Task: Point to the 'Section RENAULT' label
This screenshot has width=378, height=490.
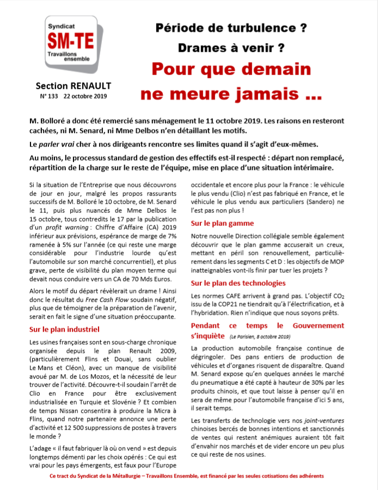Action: point(73,85)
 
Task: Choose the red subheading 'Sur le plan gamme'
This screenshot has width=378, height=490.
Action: point(222,223)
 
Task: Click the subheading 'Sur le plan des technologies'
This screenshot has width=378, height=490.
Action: point(238,283)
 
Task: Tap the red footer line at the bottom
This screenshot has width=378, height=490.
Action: point(189,475)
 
